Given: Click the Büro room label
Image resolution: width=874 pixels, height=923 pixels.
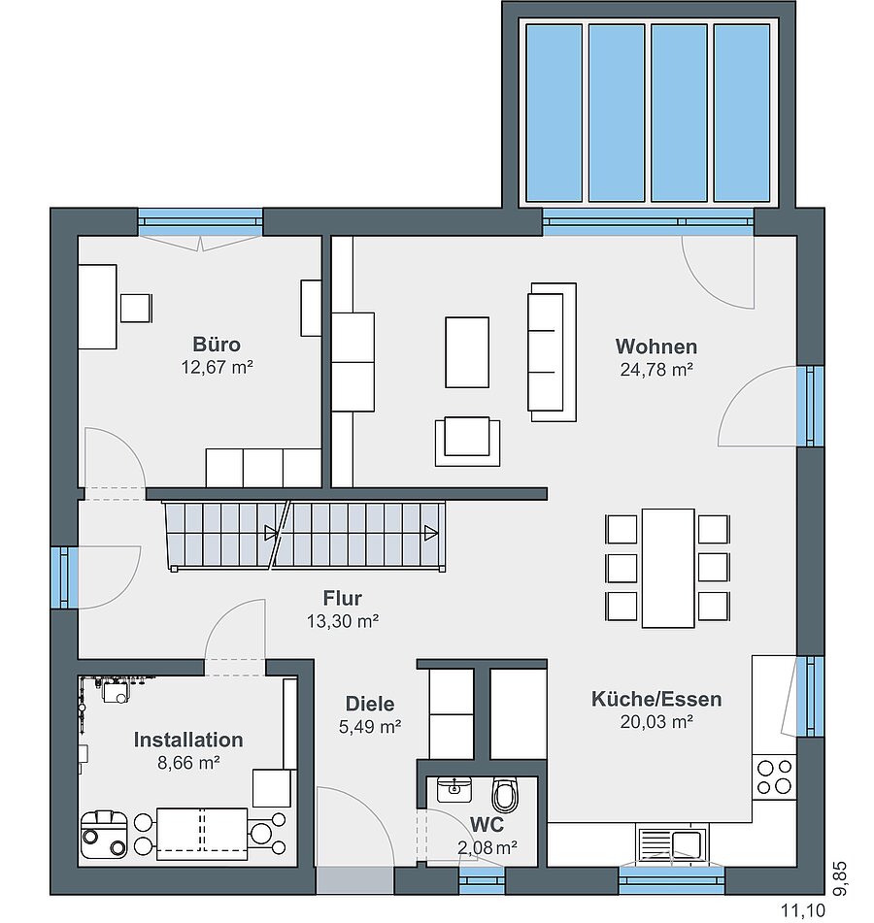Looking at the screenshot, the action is [x=217, y=345].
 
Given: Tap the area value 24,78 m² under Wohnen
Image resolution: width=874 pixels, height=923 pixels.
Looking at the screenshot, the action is [x=656, y=370].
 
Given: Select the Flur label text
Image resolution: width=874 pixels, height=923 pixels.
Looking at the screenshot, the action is [x=342, y=598].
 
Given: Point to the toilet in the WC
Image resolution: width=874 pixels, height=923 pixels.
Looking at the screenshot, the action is [x=505, y=794].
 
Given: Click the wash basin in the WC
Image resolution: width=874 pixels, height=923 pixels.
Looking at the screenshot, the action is [x=454, y=789].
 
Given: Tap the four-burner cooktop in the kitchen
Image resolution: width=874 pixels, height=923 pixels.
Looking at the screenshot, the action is [x=774, y=776].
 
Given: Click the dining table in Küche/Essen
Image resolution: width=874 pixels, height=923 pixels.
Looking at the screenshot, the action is [x=668, y=568].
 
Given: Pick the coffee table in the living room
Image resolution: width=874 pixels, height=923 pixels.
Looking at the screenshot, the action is [x=467, y=352].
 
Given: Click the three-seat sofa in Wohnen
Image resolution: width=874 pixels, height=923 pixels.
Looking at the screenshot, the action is [x=552, y=352].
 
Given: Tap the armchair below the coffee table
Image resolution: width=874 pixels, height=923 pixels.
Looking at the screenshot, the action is [x=467, y=442].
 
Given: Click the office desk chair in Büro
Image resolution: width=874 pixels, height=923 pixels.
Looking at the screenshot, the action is [x=136, y=308].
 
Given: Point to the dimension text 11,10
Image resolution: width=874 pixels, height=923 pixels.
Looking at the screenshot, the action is [x=803, y=911].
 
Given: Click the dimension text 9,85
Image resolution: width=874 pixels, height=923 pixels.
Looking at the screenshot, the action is [x=840, y=878].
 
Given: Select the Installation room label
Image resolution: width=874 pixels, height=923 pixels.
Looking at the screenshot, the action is [x=188, y=740].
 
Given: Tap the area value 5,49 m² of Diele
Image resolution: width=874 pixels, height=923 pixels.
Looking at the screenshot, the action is [x=370, y=727].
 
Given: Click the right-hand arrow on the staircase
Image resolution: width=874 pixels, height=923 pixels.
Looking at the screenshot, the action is [x=430, y=534].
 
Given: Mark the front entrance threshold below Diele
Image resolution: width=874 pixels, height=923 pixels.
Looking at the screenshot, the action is [x=355, y=881].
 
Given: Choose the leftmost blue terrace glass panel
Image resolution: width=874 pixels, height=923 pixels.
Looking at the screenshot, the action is [x=554, y=113].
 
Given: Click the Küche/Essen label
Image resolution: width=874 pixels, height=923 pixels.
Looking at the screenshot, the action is [x=656, y=700].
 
